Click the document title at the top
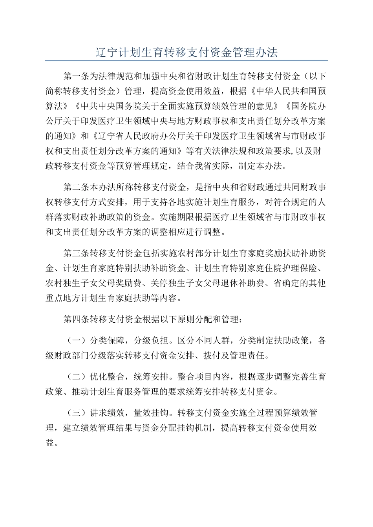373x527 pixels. point(186,52)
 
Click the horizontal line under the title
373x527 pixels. point(186,61)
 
